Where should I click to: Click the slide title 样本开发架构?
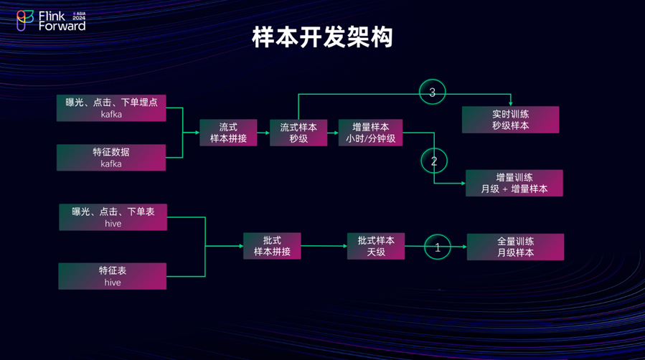[x=322, y=37]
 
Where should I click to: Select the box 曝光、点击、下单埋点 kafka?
[x=111, y=108]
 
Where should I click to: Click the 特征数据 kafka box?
[x=111, y=158]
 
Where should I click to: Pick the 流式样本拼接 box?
[x=228, y=133]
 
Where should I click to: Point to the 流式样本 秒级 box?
[x=298, y=133]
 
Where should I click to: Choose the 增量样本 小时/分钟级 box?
[x=370, y=133]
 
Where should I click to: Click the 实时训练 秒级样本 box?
[x=510, y=120]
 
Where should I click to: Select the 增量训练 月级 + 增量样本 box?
[x=514, y=183]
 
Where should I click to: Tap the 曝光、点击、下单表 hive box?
[x=113, y=217]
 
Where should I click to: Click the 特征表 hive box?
[x=113, y=276]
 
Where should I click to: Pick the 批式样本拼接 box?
[x=272, y=246]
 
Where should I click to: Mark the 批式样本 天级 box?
[x=376, y=246]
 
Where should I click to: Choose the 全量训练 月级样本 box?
[x=515, y=247]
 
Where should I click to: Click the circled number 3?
[x=433, y=93]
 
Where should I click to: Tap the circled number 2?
[x=433, y=161]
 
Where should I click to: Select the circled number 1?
[x=438, y=247]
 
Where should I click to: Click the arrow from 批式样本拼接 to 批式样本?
[x=324, y=246]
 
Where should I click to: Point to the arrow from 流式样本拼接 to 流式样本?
[x=263, y=133]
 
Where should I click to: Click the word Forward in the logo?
[x=62, y=26]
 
